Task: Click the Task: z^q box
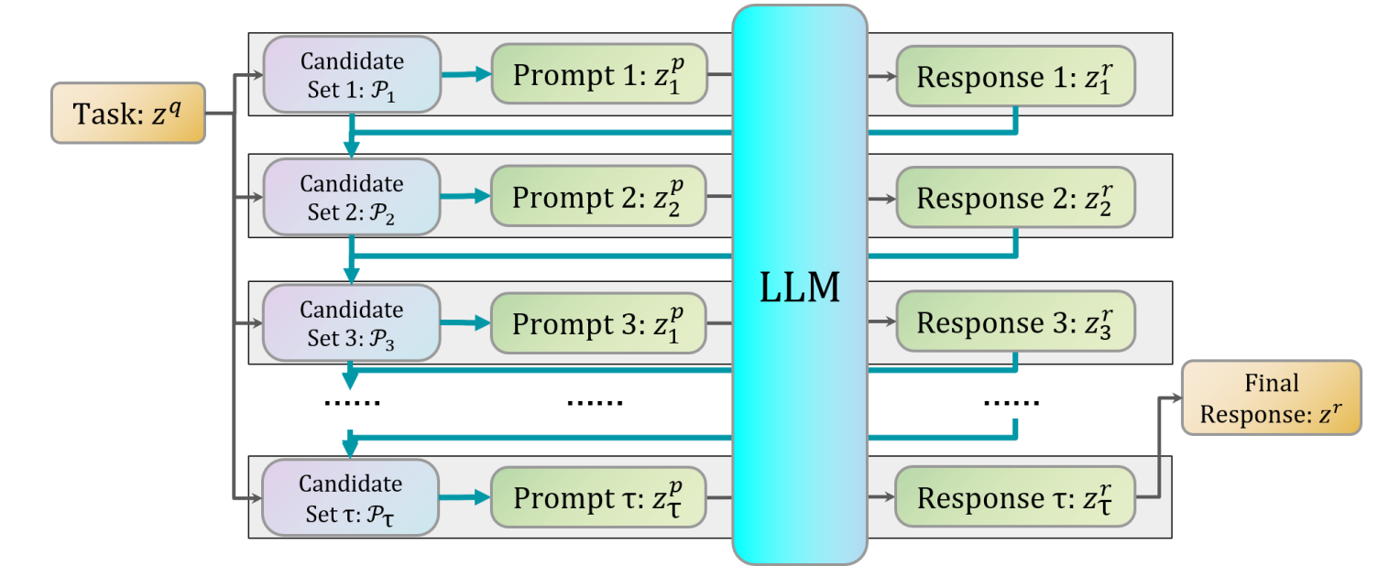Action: click(127, 113)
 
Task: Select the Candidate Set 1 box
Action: click(351, 74)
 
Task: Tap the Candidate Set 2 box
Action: click(351, 197)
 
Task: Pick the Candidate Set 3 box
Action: click(351, 322)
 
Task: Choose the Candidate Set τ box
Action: click(351, 497)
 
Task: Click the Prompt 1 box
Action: click(599, 74)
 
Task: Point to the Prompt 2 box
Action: click(599, 197)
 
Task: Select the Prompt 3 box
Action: click(599, 322)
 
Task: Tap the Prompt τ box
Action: click(599, 497)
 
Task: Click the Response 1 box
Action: click(1015, 74)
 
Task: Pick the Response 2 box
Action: click(1015, 197)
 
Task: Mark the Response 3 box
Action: click(1015, 322)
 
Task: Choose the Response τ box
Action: click(1015, 497)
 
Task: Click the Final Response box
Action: click(1272, 397)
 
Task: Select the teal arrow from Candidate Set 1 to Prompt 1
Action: click(465, 74)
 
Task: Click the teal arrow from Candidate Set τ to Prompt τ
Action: click(465, 497)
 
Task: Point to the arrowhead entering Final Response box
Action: click(1176, 397)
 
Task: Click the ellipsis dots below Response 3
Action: click(1011, 402)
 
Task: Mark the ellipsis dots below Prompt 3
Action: click(595, 402)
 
